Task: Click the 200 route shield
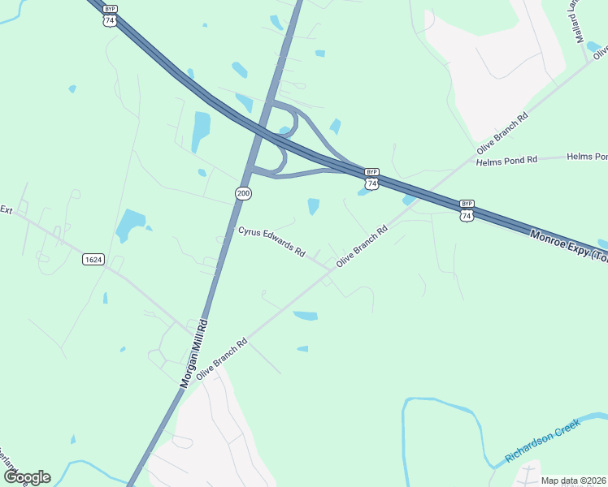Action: [244, 193]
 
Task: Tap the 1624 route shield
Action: [93, 259]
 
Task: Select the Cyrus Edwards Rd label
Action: [271, 241]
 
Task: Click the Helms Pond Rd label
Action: [507, 161]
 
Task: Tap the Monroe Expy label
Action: [567, 246]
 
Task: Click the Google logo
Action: [26, 476]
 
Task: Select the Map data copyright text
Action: [573, 481]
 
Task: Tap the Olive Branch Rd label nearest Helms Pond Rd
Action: [502, 132]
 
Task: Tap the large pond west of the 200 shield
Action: [130, 224]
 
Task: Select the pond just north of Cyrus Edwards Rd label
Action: [314, 206]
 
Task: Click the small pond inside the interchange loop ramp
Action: [284, 131]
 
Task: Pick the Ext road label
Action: [7, 210]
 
